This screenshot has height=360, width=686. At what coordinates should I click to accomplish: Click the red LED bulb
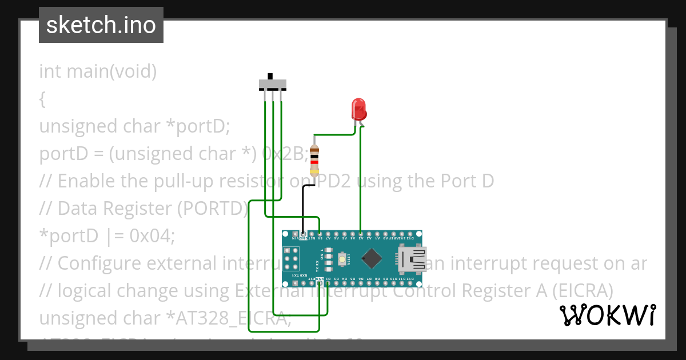click(x=358, y=109)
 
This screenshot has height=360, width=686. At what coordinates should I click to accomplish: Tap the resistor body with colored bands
click(x=314, y=160)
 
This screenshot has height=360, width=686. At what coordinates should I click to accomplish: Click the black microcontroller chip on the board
click(x=372, y=259)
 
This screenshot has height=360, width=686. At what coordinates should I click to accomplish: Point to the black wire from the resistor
click(x=303, y=206)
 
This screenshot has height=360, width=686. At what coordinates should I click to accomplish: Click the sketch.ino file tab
click(x=101, y=25)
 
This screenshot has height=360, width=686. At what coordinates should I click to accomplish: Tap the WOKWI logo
click(x=607, y=315)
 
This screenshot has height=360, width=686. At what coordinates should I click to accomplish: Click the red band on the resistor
click(x=314, y=162)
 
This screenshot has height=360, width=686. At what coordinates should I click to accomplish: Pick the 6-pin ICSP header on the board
click(x=291, y=259)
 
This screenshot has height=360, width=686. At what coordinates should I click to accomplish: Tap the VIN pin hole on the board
click(x=295, y=234)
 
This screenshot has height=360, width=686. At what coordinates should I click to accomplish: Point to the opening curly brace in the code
click(x=42, y=99)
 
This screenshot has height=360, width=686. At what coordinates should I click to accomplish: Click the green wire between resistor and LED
click(x=334, y=135)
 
